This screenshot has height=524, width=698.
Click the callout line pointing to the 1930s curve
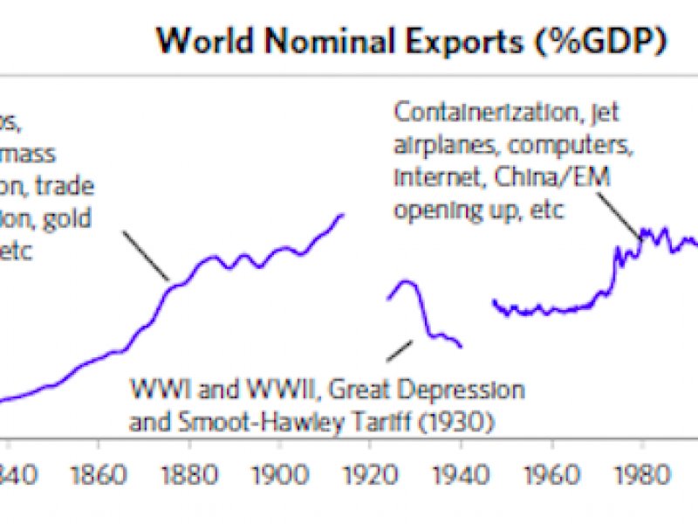tap(400, 349)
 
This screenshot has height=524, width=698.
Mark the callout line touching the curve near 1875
tap(147, 256)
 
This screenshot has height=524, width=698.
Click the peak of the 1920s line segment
tap(403, 281)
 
